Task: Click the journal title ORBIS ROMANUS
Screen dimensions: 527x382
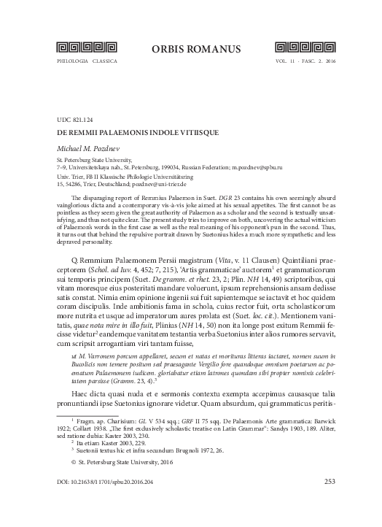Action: click(190, 49)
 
